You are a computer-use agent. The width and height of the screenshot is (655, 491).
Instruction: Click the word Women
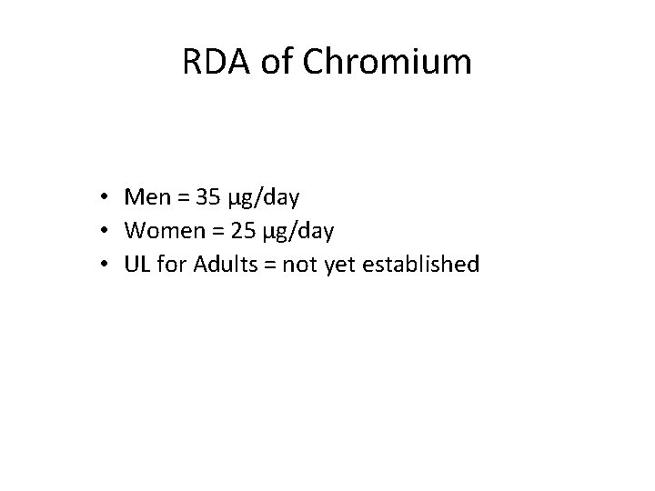click(158, 231)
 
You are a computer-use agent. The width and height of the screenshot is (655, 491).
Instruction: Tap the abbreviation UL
click(136, 266)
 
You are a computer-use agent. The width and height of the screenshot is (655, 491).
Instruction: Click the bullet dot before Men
click(106, 197)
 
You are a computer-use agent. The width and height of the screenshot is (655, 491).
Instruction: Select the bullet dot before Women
click(106, 232)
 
